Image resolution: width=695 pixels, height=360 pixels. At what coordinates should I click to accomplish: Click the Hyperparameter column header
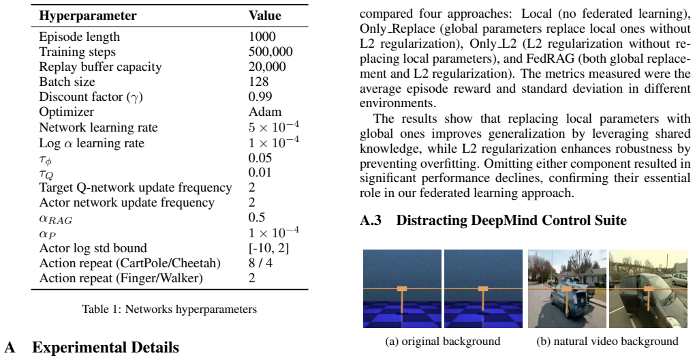click(88, 16)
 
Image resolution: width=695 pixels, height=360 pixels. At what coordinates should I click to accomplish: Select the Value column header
click(264, 16)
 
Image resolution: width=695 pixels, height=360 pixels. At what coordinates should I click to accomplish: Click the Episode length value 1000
click(262, 36)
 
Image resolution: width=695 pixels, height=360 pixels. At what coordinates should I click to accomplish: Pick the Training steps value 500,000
click(271, 51)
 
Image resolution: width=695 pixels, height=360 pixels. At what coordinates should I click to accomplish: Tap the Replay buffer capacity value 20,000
click(267, 67)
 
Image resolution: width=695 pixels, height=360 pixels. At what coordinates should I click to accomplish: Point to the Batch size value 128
click(258, 82)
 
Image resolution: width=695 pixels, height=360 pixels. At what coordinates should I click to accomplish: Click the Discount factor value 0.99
click(260, 97)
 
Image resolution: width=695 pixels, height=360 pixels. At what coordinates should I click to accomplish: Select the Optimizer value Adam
click(264, 112)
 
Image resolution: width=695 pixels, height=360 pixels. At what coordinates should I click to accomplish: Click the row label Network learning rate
click(98, 127)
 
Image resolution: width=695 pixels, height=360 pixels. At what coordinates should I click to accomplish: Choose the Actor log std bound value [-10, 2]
click(268, 247)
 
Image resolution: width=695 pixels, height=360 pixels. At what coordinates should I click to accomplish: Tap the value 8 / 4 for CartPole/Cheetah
click(260, 263)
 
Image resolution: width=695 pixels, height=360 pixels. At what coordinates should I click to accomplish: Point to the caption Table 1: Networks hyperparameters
click(169, 309)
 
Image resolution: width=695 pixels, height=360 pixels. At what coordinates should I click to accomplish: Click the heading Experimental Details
click(106, 348)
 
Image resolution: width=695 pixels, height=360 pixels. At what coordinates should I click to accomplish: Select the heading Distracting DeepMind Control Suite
click(512, 220)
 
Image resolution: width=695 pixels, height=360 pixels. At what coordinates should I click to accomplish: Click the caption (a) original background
click(443, 341)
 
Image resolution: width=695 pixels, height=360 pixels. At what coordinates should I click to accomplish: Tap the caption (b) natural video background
click(607, 341)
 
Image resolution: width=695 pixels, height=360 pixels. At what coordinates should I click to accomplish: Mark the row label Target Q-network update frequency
click(136, 187)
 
